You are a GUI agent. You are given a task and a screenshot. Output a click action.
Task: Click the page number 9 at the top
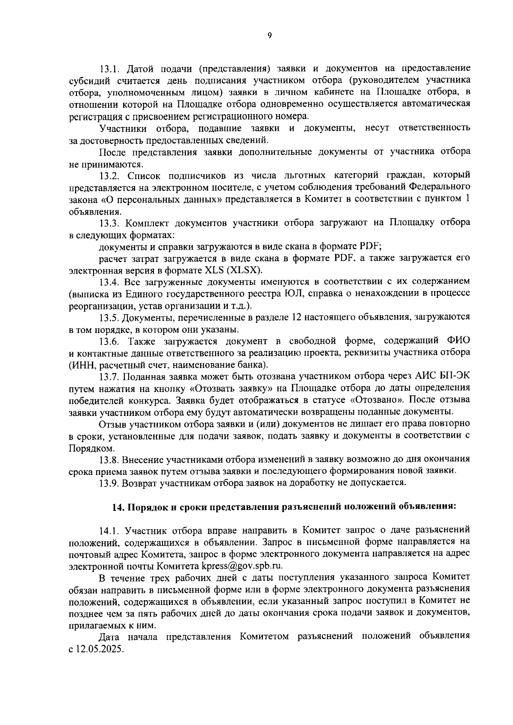(269, 36)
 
